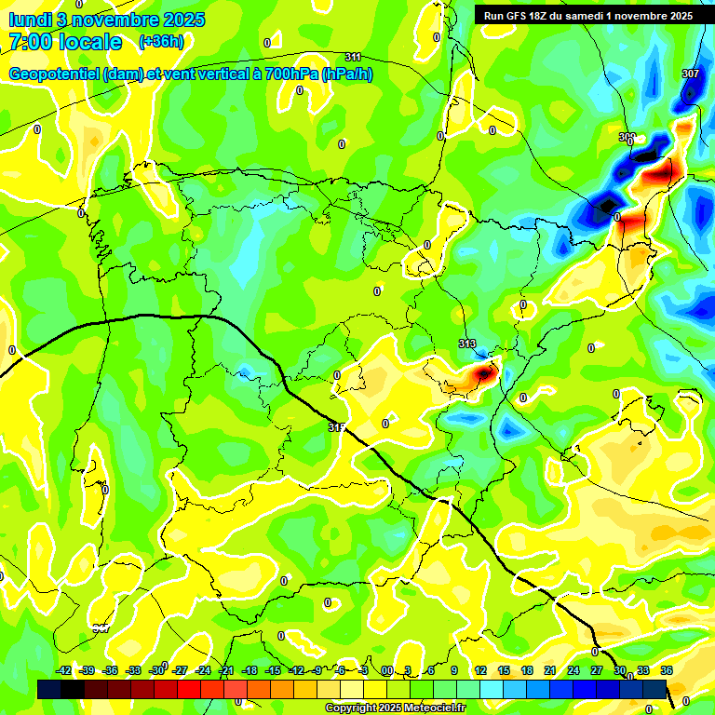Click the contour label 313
tap(467, 344)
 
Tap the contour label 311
tap(353, 58)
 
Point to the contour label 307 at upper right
tap(690, 74)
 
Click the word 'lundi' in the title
tap(27, 20)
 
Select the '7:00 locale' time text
tap(65, 42)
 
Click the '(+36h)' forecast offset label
tap(161, 42)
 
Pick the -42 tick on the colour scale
tap(63, 670)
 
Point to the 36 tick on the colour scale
tap(667, 670)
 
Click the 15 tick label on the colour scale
tap(504, 670)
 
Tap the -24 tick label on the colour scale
tap(202, 670)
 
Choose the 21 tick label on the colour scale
tap(550, 670)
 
